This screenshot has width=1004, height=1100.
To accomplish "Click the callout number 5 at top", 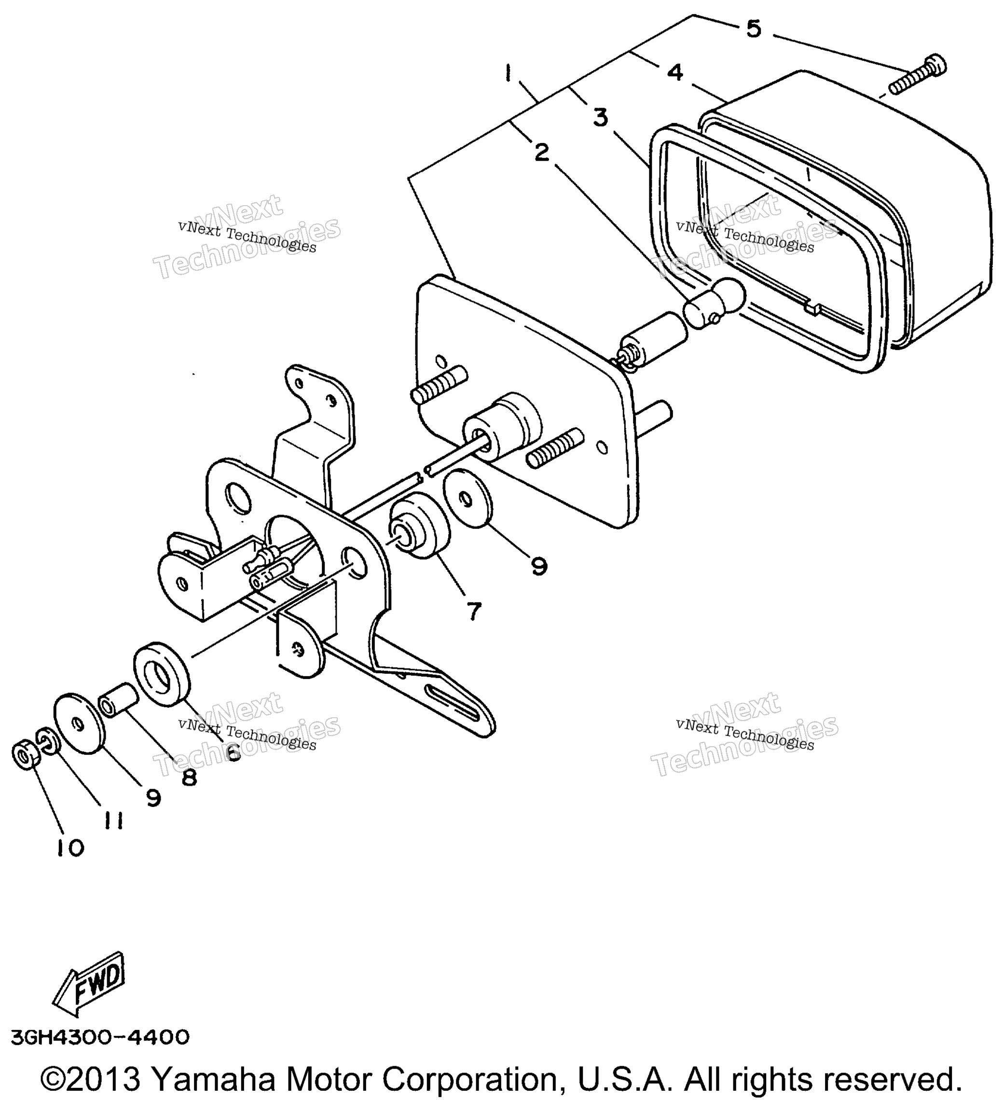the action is pyautogui.click(x=753, y=29).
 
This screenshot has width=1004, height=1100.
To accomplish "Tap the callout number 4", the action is pyautogui.click(x=675, y=72).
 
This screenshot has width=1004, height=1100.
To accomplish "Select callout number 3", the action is pyautogui.click(x=601, y=118).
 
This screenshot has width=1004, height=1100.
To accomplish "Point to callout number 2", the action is pyautogui.click(x=541, y=152).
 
